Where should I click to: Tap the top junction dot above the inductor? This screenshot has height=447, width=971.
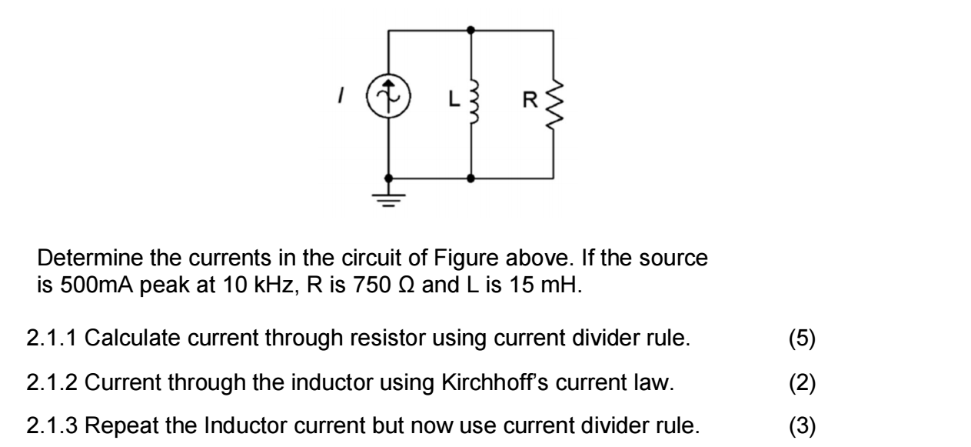tap(471, 30)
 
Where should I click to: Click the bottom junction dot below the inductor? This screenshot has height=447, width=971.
tap(471, 178)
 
